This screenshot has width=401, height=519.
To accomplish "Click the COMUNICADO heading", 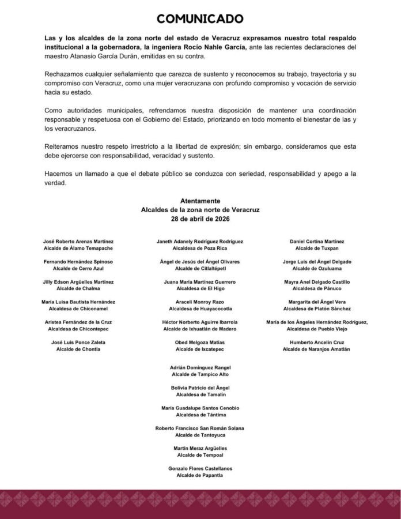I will click(x=200, y=19).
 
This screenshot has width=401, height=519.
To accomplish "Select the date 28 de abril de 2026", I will click(x=200, y=220).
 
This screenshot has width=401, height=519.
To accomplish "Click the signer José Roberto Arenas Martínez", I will click(x=78, y=241).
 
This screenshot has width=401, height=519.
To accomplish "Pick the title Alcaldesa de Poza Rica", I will click(x=200, y=248).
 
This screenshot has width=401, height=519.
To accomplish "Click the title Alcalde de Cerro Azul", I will click(x=78, y=268).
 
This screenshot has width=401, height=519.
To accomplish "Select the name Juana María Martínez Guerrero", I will click(x=200, y=281).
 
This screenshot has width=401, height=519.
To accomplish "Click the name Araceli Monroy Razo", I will click(x=200, y=302).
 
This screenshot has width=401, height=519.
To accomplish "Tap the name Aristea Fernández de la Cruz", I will click(x=78, y=322).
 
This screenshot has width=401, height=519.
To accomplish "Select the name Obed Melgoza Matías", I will click(x=200, y=342).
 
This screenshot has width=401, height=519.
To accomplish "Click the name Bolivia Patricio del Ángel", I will click(x=200, y=388).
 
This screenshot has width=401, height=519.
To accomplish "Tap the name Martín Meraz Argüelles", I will click(x=200, y=448).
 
